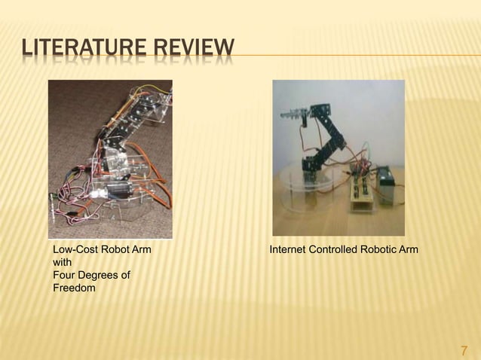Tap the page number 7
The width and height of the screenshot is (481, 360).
click(464, 349)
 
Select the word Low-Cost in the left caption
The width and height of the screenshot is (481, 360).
click(73, 249)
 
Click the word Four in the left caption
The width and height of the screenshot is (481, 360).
click(63, 275)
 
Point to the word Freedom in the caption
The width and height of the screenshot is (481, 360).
click(74, 288)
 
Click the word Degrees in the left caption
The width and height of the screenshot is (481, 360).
click(98, 275)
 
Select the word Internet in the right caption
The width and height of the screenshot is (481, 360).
click(289, 249)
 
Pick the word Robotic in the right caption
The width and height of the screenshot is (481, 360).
click(381, 249)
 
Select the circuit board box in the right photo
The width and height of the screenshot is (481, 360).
click(359, 193)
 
